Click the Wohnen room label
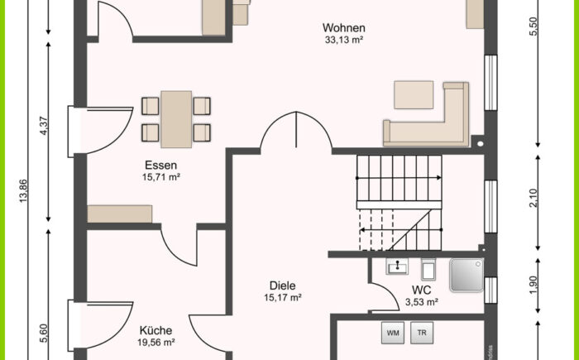(x=344, y=27)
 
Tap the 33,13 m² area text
(x=344, y=40)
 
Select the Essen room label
(x=160, y=165)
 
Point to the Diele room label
(x=283, y=286)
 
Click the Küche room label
(x=156, y=330)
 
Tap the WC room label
(x=421, y=290)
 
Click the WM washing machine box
(x=393, y=333)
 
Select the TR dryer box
(x=422, y=333)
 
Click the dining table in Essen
(x=176, y=119)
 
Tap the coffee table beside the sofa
(x=414, y=95)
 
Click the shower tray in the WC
(x=467, y=275)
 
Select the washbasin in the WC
(x=397, y=266)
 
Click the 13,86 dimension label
(x=23, y=191)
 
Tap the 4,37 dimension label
(x=44, y=126)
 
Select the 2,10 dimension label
(x=534, y=198)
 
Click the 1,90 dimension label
(x=534, y=286)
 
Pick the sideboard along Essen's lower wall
(x=120, y=214)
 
